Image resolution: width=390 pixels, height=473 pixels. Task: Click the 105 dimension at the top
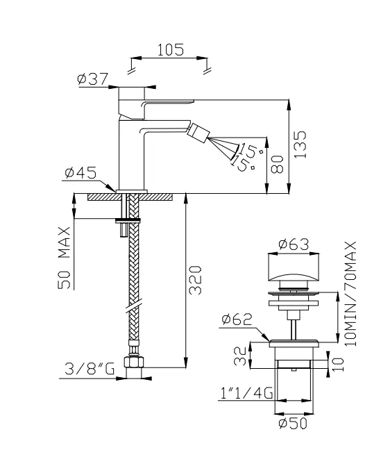pos(169,49)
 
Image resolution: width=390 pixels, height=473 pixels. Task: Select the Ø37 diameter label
pos(92,80)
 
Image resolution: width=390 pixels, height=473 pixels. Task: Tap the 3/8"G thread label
pos(88,370)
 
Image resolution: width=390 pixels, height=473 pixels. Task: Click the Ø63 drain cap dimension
pos(293,244)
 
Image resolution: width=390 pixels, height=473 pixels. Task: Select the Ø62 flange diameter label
pos(237,320)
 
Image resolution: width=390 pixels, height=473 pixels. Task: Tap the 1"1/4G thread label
pos(244,394)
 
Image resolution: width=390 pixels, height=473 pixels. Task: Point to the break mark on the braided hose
pos(133,305)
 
